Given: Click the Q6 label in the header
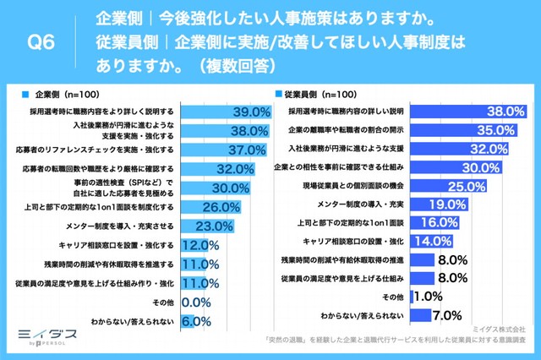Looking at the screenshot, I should coord(41,42).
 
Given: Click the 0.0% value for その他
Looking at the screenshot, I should coord(196,302).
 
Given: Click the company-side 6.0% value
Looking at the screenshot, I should coord(196,321).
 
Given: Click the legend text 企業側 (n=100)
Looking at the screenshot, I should coord(63,95).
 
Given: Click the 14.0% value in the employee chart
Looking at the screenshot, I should coord(432,241).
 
